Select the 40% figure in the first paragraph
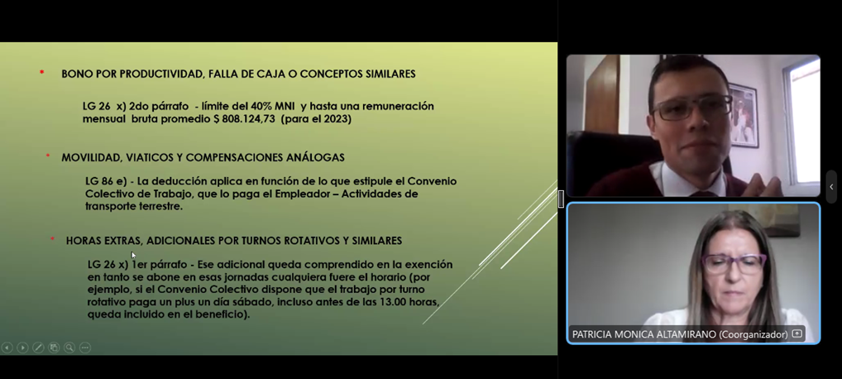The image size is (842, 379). [261, 107]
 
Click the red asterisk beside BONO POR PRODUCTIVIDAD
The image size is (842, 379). [42, 72]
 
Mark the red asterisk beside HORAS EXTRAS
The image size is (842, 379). [53, 238]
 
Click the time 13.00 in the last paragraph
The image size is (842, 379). [395, 303]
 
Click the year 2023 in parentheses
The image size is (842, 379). [336, 119]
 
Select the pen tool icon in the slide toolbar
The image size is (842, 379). [38, 348]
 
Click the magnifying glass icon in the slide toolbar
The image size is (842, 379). [69, 348]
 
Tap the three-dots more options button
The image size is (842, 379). [85, 348]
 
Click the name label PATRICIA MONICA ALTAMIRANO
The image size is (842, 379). [643, 334]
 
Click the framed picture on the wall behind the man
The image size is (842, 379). [744, 116]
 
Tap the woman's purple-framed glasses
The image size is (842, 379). [734, 264]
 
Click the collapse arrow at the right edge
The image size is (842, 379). [831, 187]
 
